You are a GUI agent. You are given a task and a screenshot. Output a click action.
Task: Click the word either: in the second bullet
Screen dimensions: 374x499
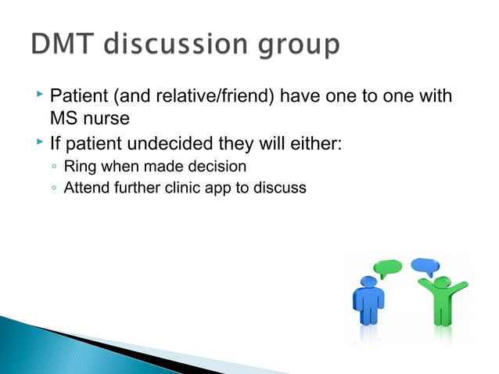[x=316, y=144]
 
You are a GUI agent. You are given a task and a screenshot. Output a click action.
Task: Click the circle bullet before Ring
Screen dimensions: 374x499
[x=52, y=166]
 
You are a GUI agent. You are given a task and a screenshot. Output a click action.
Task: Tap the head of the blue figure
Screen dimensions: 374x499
[x=368, y=282]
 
